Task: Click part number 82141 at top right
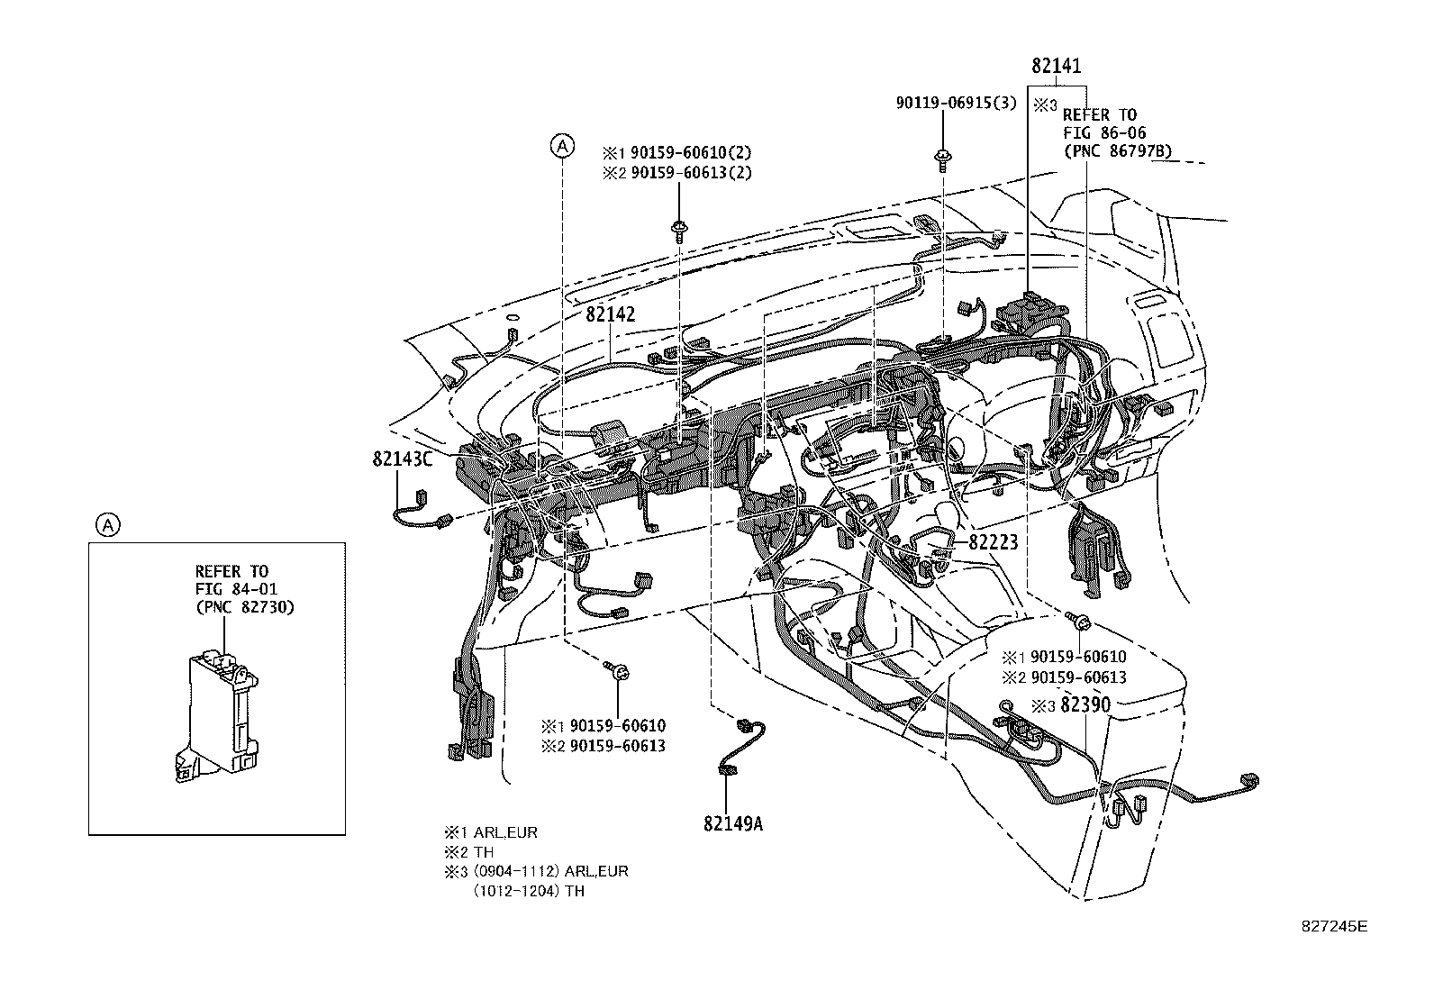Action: click(1056, 67)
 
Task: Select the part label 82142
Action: click(610, 314)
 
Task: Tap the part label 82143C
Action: click(402, 459)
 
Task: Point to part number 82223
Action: click(993, 541)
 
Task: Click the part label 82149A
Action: click(733, 822)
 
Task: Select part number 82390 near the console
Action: click(1085, 705)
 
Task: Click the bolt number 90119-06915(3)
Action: click(955, 104)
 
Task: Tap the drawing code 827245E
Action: click(1332, 925)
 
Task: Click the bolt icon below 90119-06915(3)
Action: click(942, 161)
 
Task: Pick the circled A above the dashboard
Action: click(562, 145)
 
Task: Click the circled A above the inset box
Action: click(107, 524)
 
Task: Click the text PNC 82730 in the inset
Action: click(244, 607)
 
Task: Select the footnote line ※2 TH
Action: click(468, 852)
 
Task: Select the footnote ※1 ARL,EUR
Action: click(490, 833)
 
